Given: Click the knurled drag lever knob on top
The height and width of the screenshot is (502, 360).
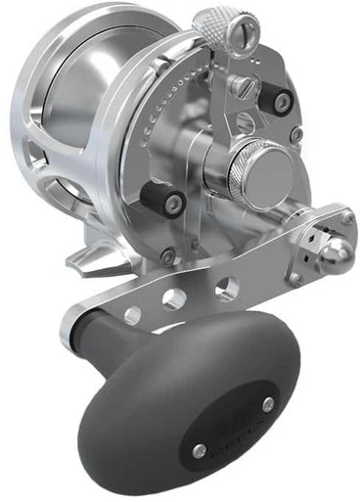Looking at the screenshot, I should coord(212,23).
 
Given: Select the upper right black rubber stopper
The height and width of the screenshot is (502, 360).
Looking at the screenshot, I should coord(284,101).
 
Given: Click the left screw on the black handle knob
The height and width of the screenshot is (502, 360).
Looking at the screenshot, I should coord(200,450).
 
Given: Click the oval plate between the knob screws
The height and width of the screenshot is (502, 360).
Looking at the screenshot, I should coord(235,427).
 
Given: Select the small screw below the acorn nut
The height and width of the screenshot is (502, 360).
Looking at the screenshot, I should coord(293,277).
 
